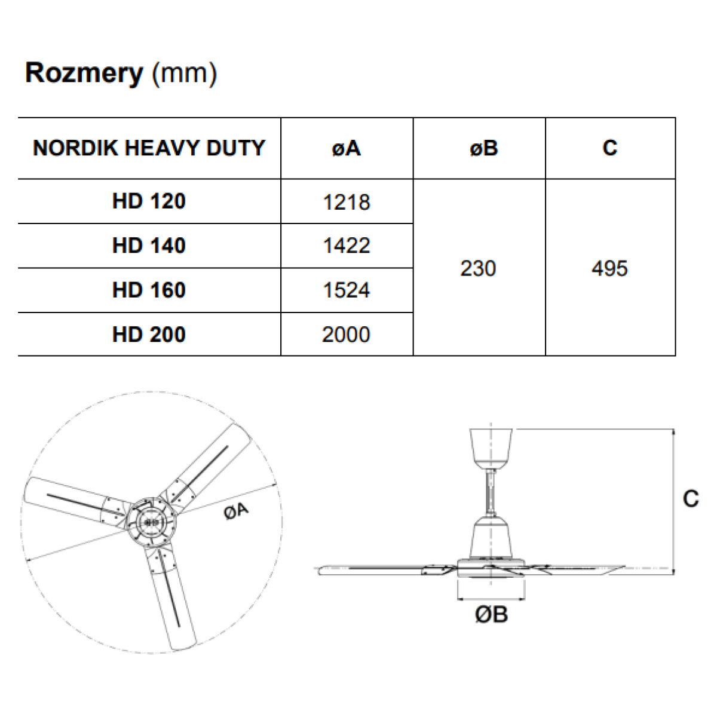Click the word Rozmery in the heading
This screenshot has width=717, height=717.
pyautogui.click(x=84, y=73)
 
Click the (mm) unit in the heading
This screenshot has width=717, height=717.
pyautogui.click(x=184, y=73)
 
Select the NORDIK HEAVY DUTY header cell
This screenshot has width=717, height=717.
pyautogui.click(x=149, y=148)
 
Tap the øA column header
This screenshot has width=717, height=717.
pyautogui.click(x=347, y=148)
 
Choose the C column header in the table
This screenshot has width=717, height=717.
pyautogui.click(x=610, y=148)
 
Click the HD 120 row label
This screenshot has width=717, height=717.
pyautogui.click(x=149, y=201)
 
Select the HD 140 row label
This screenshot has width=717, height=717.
pyautogui.click(x=149, y=246)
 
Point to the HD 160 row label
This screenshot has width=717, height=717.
pyautogui.click(x=149, y=290)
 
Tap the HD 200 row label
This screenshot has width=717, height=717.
pyautogui.click(x=149, y=335)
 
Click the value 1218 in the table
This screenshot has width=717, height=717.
pyautogui.click(x=347, y=203)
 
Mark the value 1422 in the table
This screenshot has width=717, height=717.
pyautogui.click(x=347, y=246)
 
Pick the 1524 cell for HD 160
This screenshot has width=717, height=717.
pyautogui.click(x=347, y=290)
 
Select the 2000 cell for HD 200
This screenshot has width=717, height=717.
pyautogui.click(x=346, y=335)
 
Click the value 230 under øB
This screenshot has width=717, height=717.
pyautogui.click(x=478, y=269)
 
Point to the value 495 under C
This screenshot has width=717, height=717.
pyautogui.click(x=610, y=269)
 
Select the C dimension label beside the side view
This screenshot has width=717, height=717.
pyautogui.click(x=691, y=498)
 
